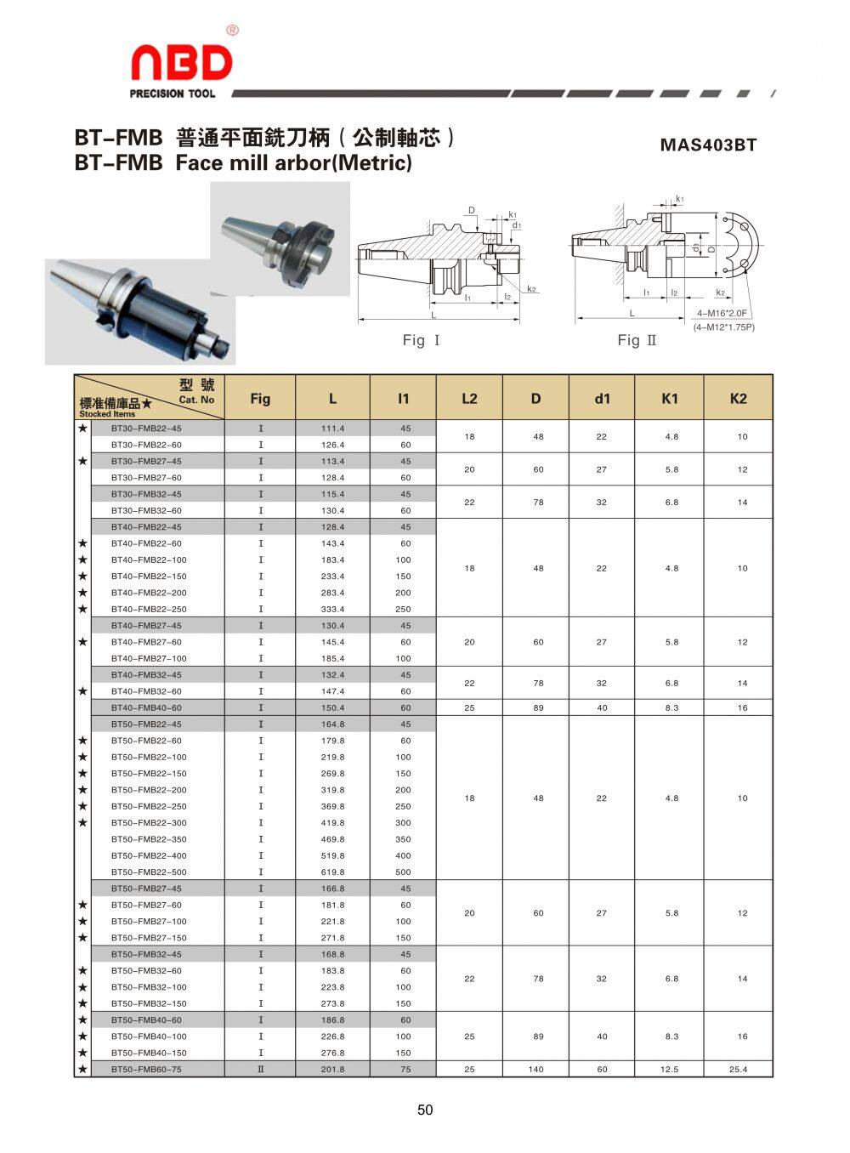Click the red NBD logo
point(182,62)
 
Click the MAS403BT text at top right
point(708,145)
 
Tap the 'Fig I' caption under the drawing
point(421,340)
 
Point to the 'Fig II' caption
point(637,340)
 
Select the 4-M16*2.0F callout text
point(722,313)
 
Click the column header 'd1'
point(602,399)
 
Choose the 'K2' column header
point(738,399)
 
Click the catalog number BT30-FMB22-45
point(146,429)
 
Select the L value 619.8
point(332,872)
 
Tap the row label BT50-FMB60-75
point(146,1069)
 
